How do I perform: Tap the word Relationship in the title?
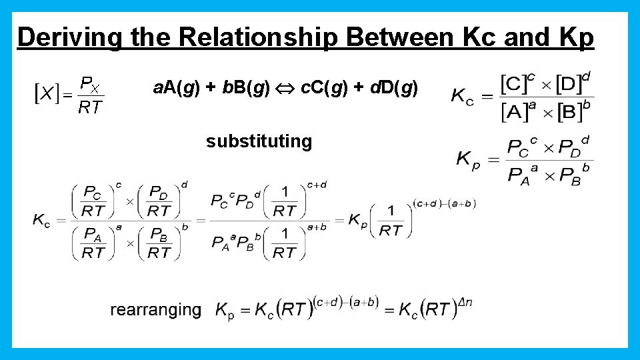point(261,38)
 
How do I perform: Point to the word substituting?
point(259,141)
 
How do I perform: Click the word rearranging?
point(155,309)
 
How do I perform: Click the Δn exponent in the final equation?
point(465,302)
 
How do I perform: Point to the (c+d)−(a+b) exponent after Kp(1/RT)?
point(444,203)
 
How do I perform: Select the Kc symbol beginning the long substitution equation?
point(41,220)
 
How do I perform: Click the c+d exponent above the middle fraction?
point(317,185)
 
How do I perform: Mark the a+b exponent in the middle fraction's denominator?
point(317,227)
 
